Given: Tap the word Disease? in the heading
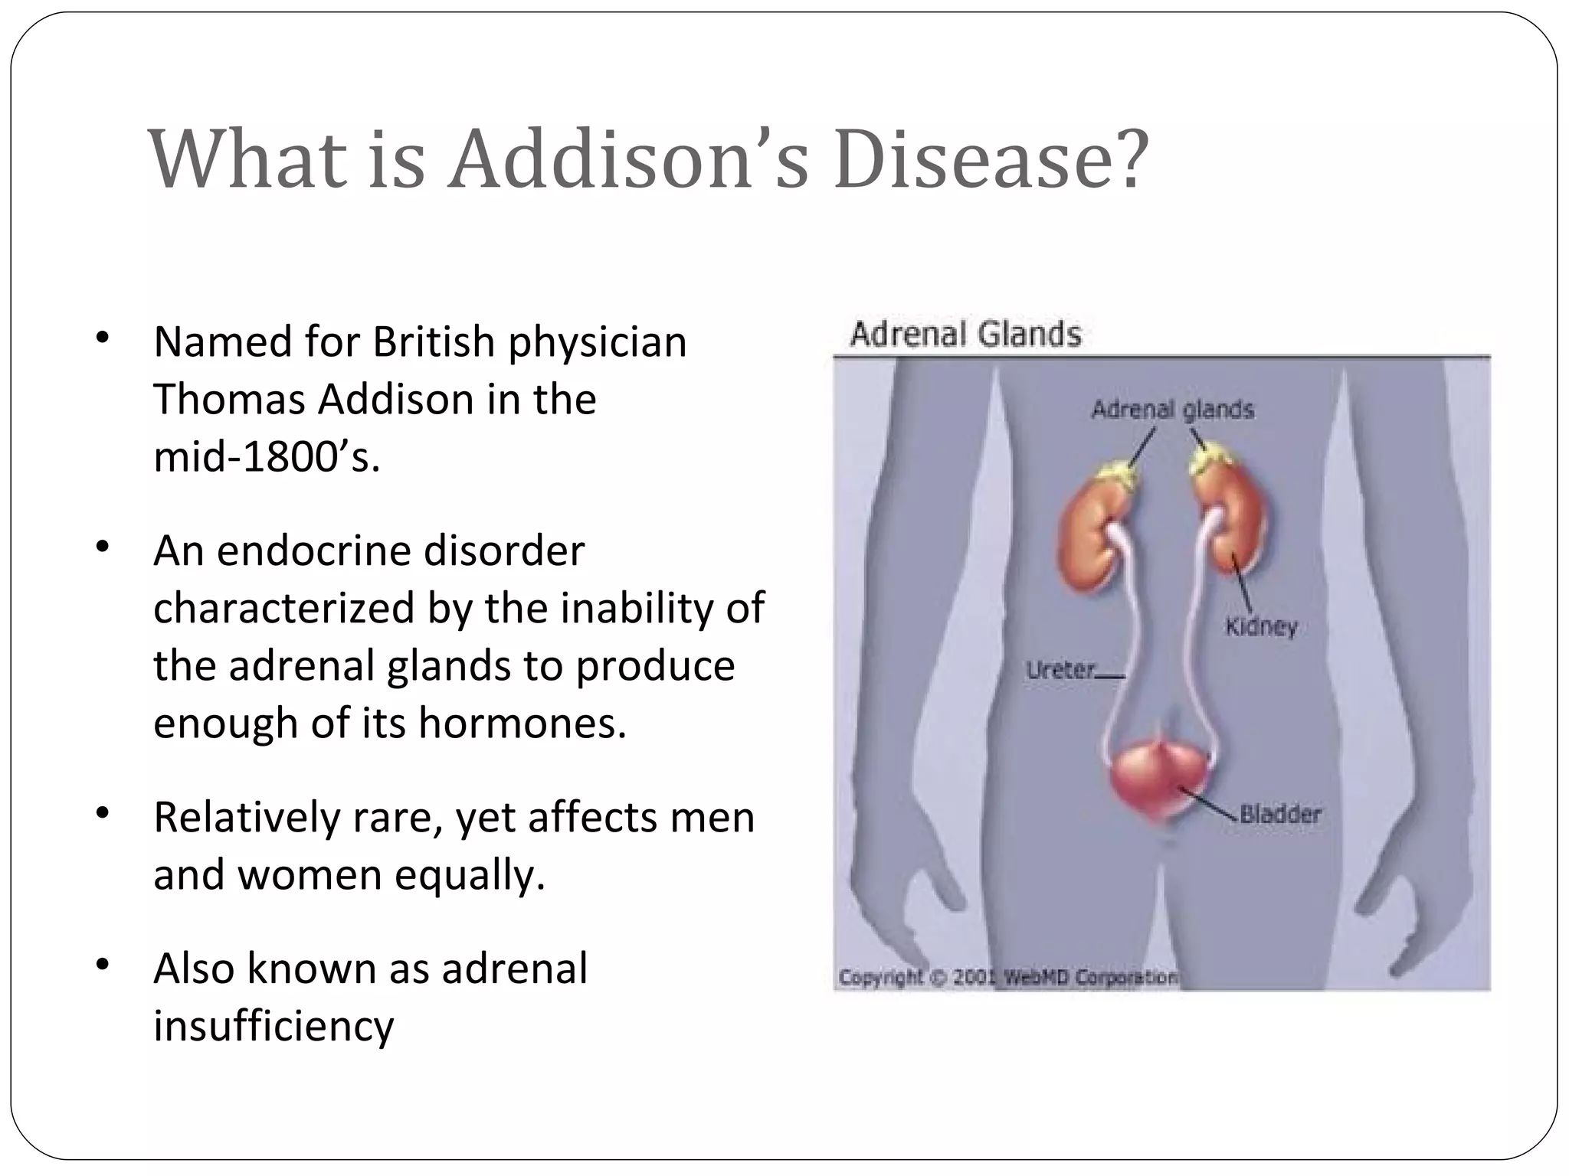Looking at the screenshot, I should point(991,159).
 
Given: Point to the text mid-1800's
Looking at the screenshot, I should point(267,457).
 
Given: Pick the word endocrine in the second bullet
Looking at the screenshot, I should point(316,550).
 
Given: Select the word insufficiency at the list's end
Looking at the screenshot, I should point(274,1026).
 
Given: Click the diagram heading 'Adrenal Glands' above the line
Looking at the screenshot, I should point(965,335).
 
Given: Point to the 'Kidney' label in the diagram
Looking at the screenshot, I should point(1260,628).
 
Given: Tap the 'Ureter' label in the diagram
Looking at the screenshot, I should point(1060,671).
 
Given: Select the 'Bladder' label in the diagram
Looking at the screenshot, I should point(1279,813).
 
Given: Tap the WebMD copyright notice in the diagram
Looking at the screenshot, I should point(1007,978).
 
